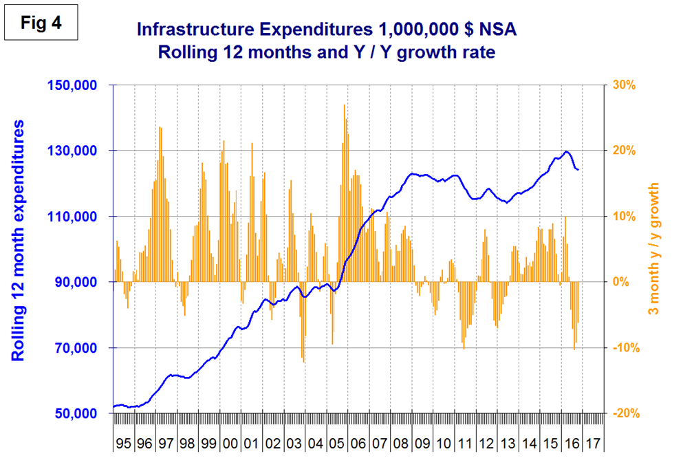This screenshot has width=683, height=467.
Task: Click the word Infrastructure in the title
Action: click(x=187, y=30)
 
